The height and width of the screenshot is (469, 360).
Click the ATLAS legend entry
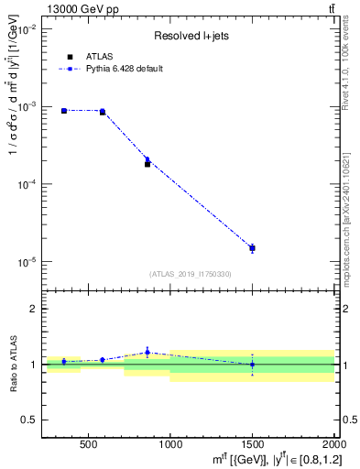click(98, 56)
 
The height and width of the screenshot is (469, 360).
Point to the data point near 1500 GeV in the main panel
click(252, 248)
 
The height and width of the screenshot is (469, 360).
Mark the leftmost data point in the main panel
click(64, 111)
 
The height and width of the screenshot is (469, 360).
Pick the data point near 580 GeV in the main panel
click(103, 112)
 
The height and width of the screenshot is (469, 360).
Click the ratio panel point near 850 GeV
click(147, 353)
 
